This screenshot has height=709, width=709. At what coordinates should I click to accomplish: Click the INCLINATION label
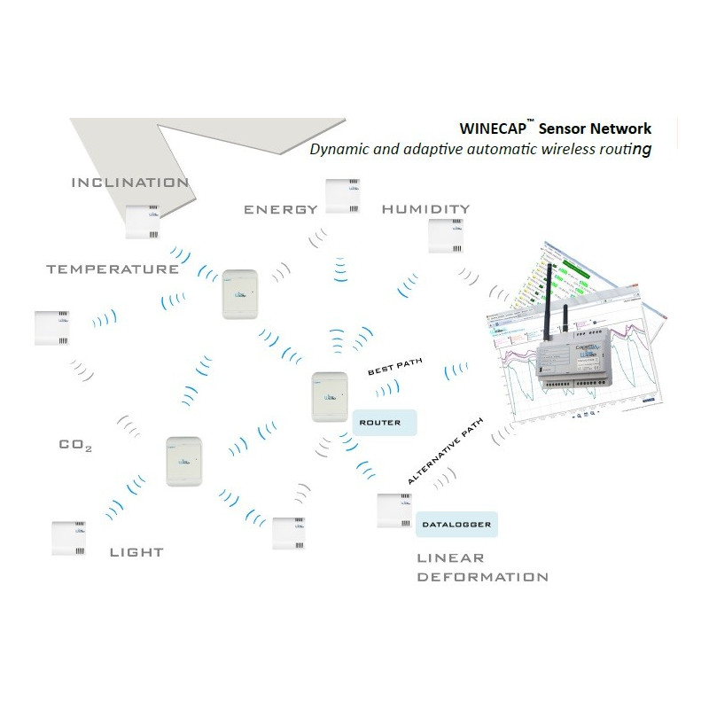click(129, 183)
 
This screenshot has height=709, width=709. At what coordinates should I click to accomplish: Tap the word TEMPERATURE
click(113, 269)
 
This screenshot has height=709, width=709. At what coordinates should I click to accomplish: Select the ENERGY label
click(280, 210)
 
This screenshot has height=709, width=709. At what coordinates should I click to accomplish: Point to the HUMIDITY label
click(425, 209)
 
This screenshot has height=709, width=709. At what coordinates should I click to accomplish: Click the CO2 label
click(75, 445)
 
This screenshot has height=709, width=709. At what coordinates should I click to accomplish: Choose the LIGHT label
click(136, 552)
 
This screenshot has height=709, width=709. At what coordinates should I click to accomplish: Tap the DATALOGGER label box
click(456, 525)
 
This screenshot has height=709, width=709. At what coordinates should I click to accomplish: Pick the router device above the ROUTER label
click(330, 397)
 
